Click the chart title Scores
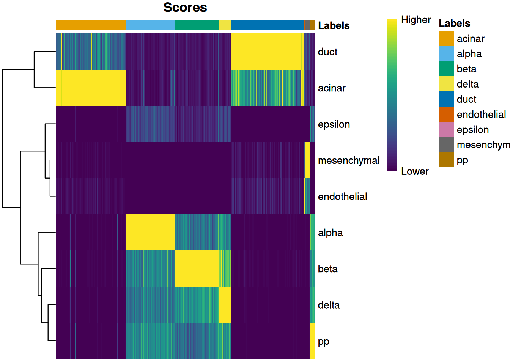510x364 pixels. (185, 8)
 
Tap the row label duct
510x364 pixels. (327, 52)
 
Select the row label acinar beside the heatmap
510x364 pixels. (332, 88)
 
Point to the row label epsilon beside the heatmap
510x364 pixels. (334, 124)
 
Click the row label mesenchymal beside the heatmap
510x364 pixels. (348, 160)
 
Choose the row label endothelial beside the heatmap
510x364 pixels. (342, 196)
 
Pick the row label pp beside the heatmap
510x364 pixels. (323, 341)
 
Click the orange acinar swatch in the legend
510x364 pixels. (446, 39)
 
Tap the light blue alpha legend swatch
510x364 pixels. (446, 54)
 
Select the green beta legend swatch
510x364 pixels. (446, 69)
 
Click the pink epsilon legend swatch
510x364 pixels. (446, 130)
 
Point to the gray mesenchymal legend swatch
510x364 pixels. (446, 145)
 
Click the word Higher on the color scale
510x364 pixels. (416, 20)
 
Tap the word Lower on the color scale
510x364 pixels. (414, 171)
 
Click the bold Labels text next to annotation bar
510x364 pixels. (334, 26)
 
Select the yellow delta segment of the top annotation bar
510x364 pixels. (225, 25)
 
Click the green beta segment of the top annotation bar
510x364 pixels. (197, 25)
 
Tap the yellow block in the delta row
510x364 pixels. (225, 304)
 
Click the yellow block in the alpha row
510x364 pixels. (150, 232)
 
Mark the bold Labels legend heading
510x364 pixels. (454, 24)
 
